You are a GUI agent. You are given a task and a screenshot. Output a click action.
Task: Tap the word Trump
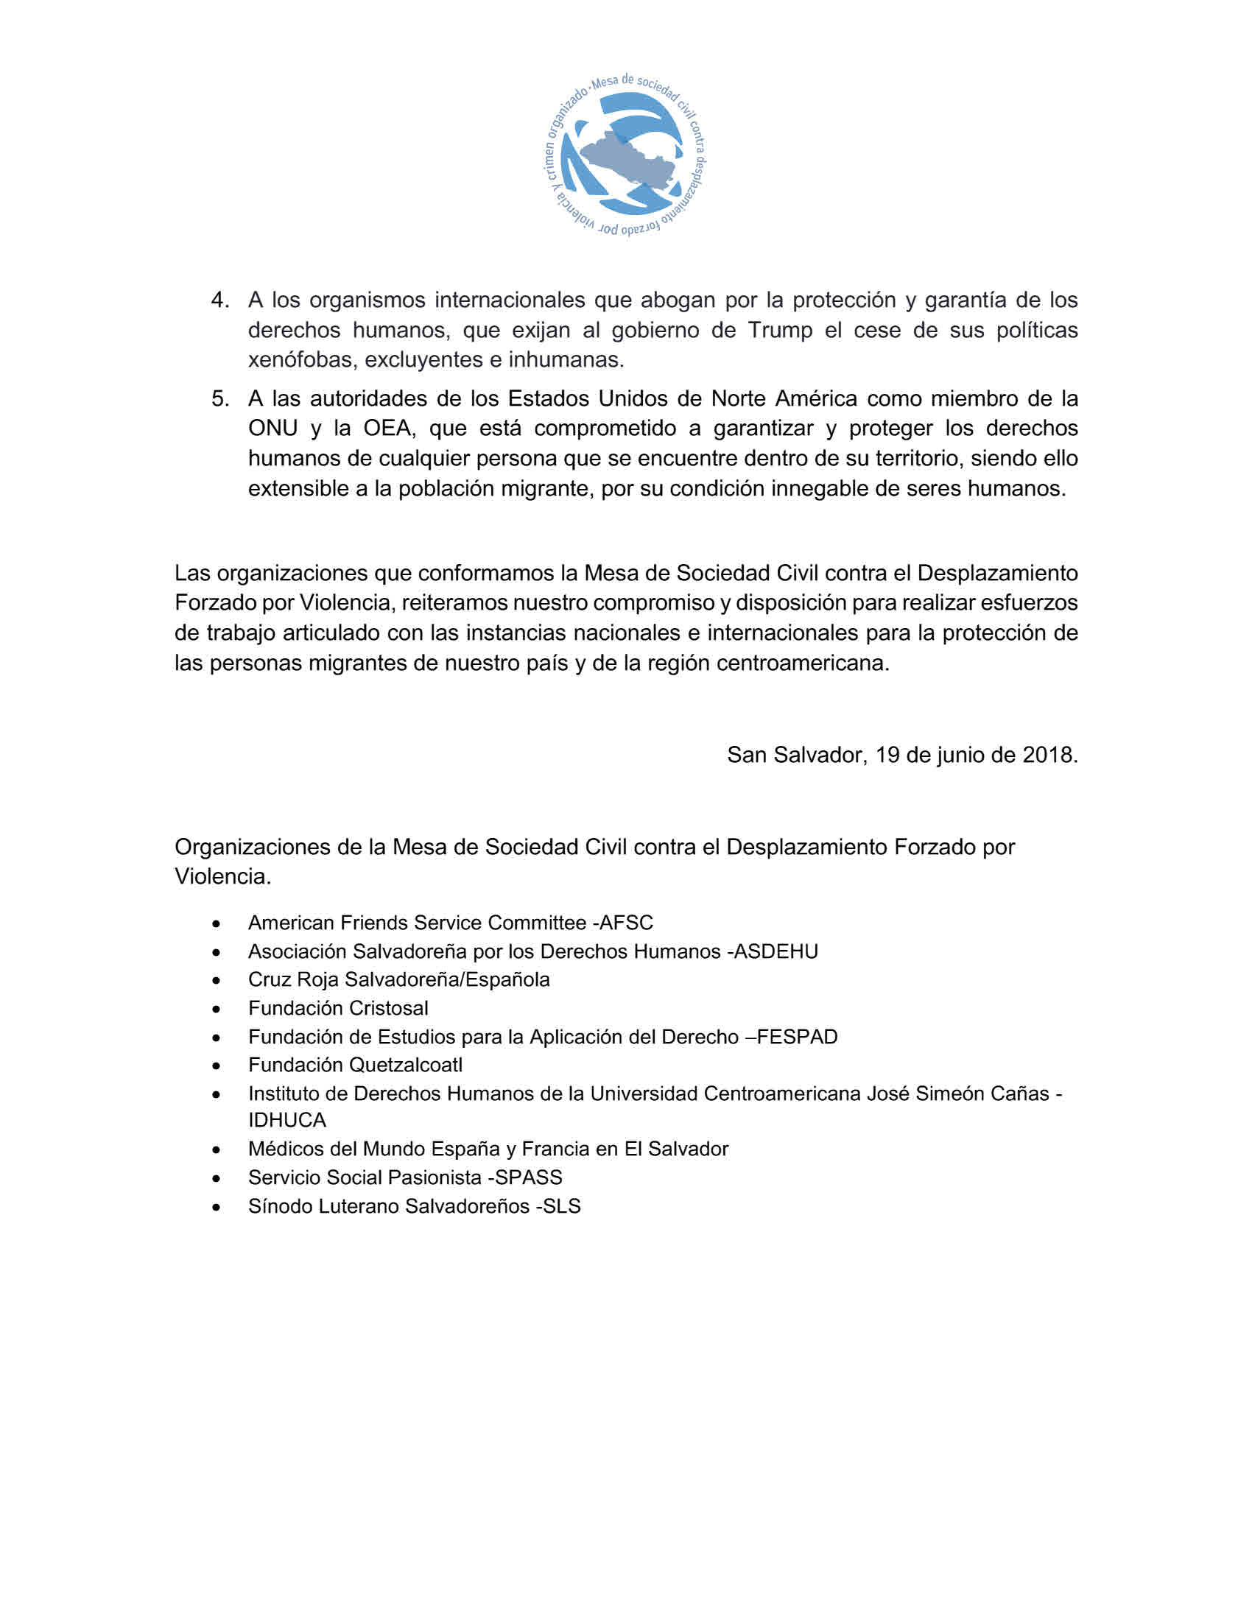click(779, 329)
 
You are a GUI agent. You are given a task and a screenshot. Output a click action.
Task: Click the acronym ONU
click(273, 428)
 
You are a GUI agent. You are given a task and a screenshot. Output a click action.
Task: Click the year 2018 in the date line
click(1048, 754)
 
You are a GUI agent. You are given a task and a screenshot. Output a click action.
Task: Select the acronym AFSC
click(626, 922)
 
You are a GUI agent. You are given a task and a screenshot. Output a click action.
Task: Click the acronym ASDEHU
click(775, 951)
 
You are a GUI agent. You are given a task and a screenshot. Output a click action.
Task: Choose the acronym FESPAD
click(798, 1036)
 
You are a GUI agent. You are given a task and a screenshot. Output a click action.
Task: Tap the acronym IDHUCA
click(287, 1119)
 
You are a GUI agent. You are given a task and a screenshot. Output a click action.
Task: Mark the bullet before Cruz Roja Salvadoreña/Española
click(216, 981)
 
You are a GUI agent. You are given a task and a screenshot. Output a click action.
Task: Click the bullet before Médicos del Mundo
click(216, 1149)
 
